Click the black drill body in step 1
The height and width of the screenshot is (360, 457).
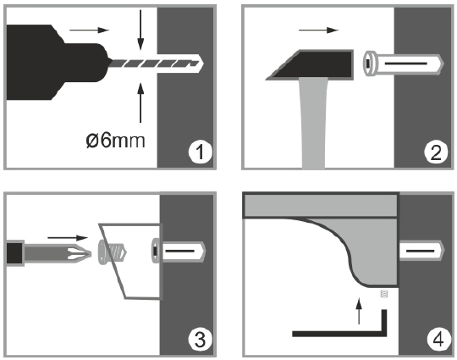pyautogui.click(x=51, y=55)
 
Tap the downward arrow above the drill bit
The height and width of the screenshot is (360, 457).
pyautogui.click(x=139, y=29)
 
